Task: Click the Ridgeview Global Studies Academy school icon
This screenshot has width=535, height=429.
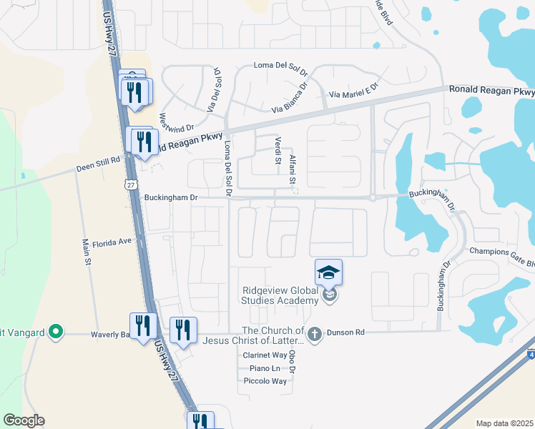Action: [328, 272]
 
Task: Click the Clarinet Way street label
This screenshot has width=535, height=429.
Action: [265, 355]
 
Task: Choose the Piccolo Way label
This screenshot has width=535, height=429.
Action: [265, 381]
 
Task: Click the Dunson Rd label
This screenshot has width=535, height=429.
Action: [346, 332]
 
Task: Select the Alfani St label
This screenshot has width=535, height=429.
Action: [292, 171]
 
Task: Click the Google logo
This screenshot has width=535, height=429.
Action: [24, 420]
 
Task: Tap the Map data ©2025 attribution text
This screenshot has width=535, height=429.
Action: [504, 423]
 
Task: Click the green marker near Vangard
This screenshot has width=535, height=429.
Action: [54, 332]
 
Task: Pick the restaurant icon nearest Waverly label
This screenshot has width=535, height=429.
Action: [143, 326]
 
